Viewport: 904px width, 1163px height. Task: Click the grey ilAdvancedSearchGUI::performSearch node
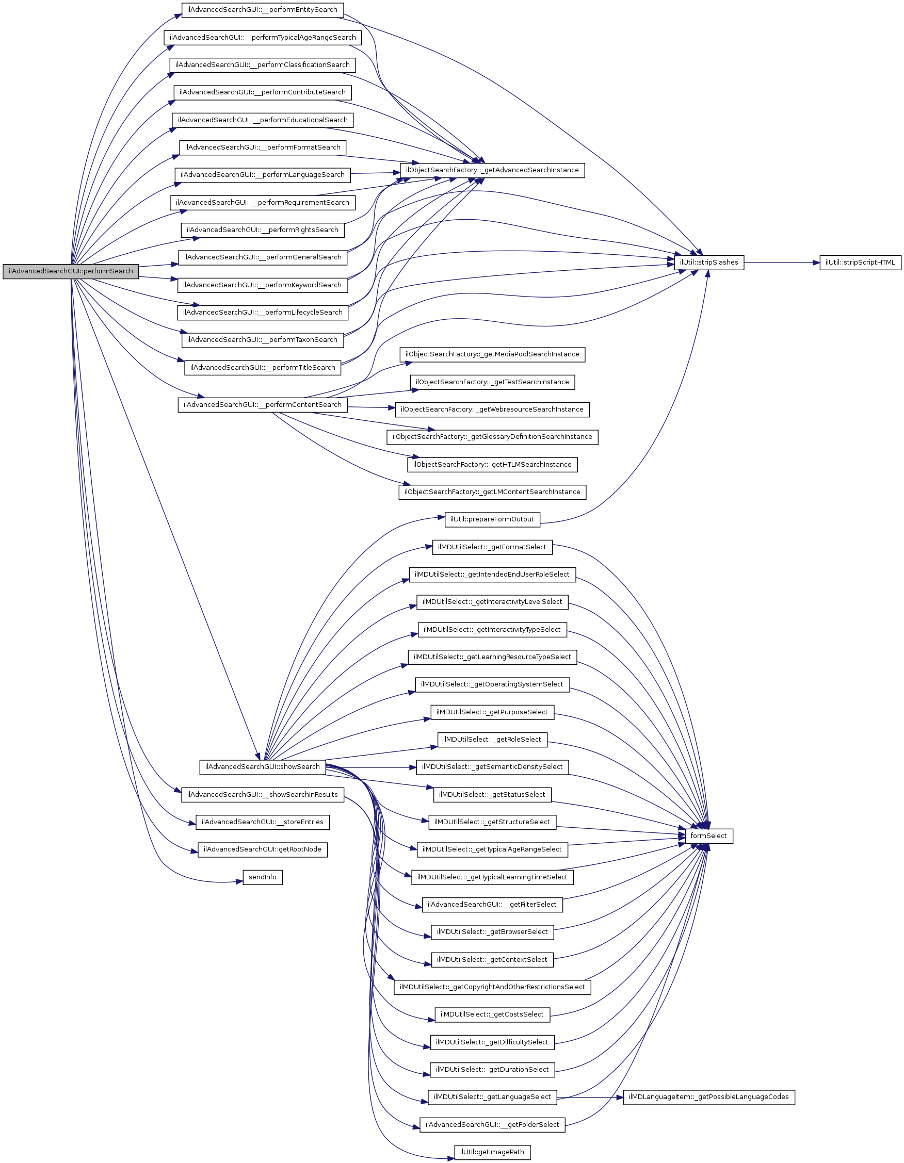tap(70, 271)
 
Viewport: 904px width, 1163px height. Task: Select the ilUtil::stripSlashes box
tap(708, 263)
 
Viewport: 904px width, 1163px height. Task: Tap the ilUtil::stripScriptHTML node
tap(860, 263)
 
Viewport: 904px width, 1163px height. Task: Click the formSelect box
tap(708, 836)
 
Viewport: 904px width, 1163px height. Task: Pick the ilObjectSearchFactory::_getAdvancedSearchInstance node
tap(492, 170)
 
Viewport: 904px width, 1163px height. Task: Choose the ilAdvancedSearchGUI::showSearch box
tap(262, 767)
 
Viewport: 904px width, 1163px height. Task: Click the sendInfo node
tap(262, 877)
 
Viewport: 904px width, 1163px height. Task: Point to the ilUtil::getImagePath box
tap(492, 1152)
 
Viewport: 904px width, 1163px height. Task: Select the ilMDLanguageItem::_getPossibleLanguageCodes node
tap(708, 1097)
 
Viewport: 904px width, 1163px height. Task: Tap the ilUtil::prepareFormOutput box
tap(492, 519)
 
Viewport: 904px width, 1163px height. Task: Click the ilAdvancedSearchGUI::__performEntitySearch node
tap(262, 10)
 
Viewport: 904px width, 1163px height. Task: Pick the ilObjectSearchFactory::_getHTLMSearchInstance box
tap(492, 464)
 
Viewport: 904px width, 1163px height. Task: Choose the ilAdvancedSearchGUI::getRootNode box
tap(262, 849)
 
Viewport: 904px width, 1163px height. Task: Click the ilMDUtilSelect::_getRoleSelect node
tap(492, 739)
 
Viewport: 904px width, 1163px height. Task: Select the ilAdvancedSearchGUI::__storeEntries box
tap(262, 822)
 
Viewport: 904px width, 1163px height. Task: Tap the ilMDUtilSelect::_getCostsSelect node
tap(492, 1014)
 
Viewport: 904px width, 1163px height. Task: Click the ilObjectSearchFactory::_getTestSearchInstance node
tap(492, 382)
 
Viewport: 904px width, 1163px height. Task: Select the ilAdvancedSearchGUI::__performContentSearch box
tap(262, 405)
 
